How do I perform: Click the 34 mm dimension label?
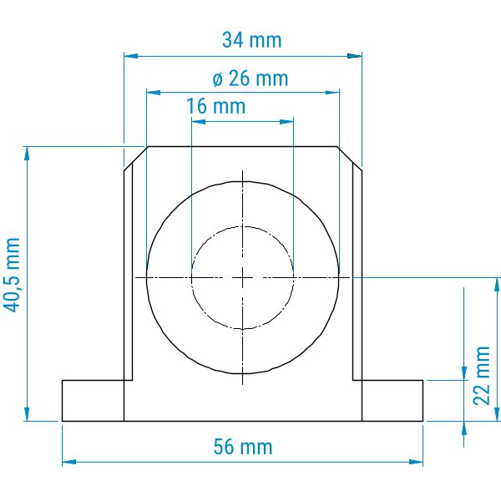click(252, 40)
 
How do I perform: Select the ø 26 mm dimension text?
click(250, 78)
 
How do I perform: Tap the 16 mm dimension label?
click(215, 106)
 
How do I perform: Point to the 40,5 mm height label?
click(12, 275)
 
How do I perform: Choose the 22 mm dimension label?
click(482, 376)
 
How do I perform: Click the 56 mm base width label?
click(243, 447)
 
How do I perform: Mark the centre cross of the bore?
click(242, 278)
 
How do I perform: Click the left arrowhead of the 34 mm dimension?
click(131, 56)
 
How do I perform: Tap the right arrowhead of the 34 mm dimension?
click(355, 56)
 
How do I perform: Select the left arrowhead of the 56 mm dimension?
click(69, 462)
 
